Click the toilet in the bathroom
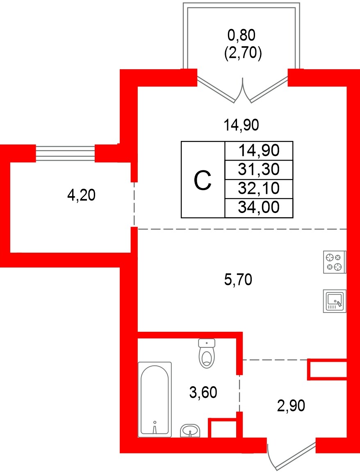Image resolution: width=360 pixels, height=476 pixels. pos(207,357)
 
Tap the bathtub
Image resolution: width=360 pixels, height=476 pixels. pos(155,399)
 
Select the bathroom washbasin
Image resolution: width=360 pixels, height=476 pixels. pos(190,431)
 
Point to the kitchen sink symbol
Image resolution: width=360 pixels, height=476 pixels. pos(335,301)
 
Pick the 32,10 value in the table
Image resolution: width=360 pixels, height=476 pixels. pos(259,188)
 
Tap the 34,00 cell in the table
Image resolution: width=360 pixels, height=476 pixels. pos(259,208)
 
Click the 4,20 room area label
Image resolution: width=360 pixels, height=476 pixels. pos(81,196)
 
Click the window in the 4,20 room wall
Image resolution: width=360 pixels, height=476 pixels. pos(66,154)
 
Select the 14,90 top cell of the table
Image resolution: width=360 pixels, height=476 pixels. pos(259,150)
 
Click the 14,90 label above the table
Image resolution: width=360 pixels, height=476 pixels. pos(241,125)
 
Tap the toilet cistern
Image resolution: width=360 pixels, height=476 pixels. pos(207,342)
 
